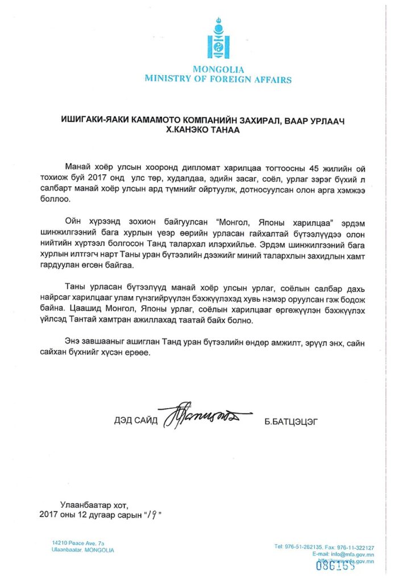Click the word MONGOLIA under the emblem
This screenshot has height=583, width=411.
click(x=218, y=69)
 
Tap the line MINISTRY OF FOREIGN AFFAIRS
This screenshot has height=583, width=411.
click(x=218, y=79)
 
